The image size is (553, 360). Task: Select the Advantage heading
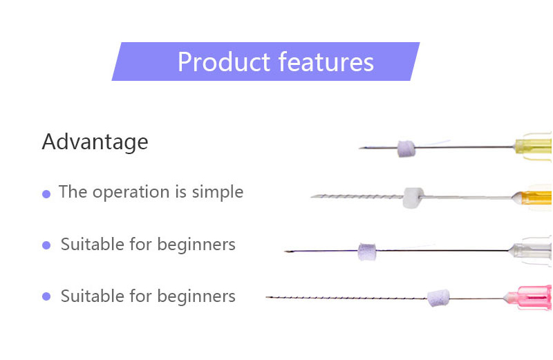pos(95,142)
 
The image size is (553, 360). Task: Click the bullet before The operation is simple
pos(46,194)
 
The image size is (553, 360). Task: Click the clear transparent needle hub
pos(532,249)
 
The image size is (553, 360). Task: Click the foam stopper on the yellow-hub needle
pos(406,148)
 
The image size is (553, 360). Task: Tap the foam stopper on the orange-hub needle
pos(413,197)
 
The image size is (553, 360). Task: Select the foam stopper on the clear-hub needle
pos(366,252)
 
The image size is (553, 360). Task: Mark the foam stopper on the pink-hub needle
pos(438,298)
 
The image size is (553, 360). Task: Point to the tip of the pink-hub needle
pos(268,297)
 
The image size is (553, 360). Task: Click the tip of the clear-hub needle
pos(286,251)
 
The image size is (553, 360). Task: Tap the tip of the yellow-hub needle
pos(361,147)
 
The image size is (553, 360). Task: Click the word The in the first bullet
pos(73,192)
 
